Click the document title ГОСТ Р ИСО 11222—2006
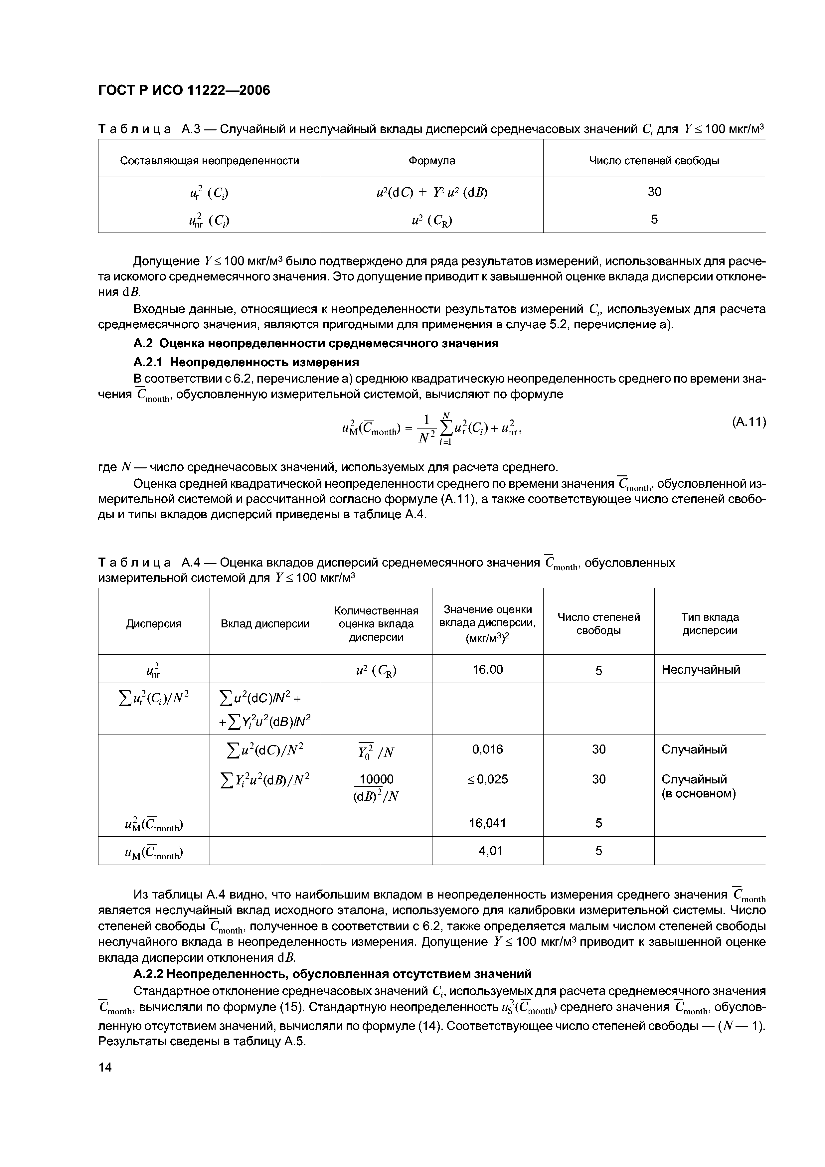184,90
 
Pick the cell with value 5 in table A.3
654,219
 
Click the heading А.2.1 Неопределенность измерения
246,362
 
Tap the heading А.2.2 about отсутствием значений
332,974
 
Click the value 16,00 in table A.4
487,669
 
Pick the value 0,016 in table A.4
487,749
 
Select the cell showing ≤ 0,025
487,779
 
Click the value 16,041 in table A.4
487,823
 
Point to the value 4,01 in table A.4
487,850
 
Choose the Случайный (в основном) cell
699,786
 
